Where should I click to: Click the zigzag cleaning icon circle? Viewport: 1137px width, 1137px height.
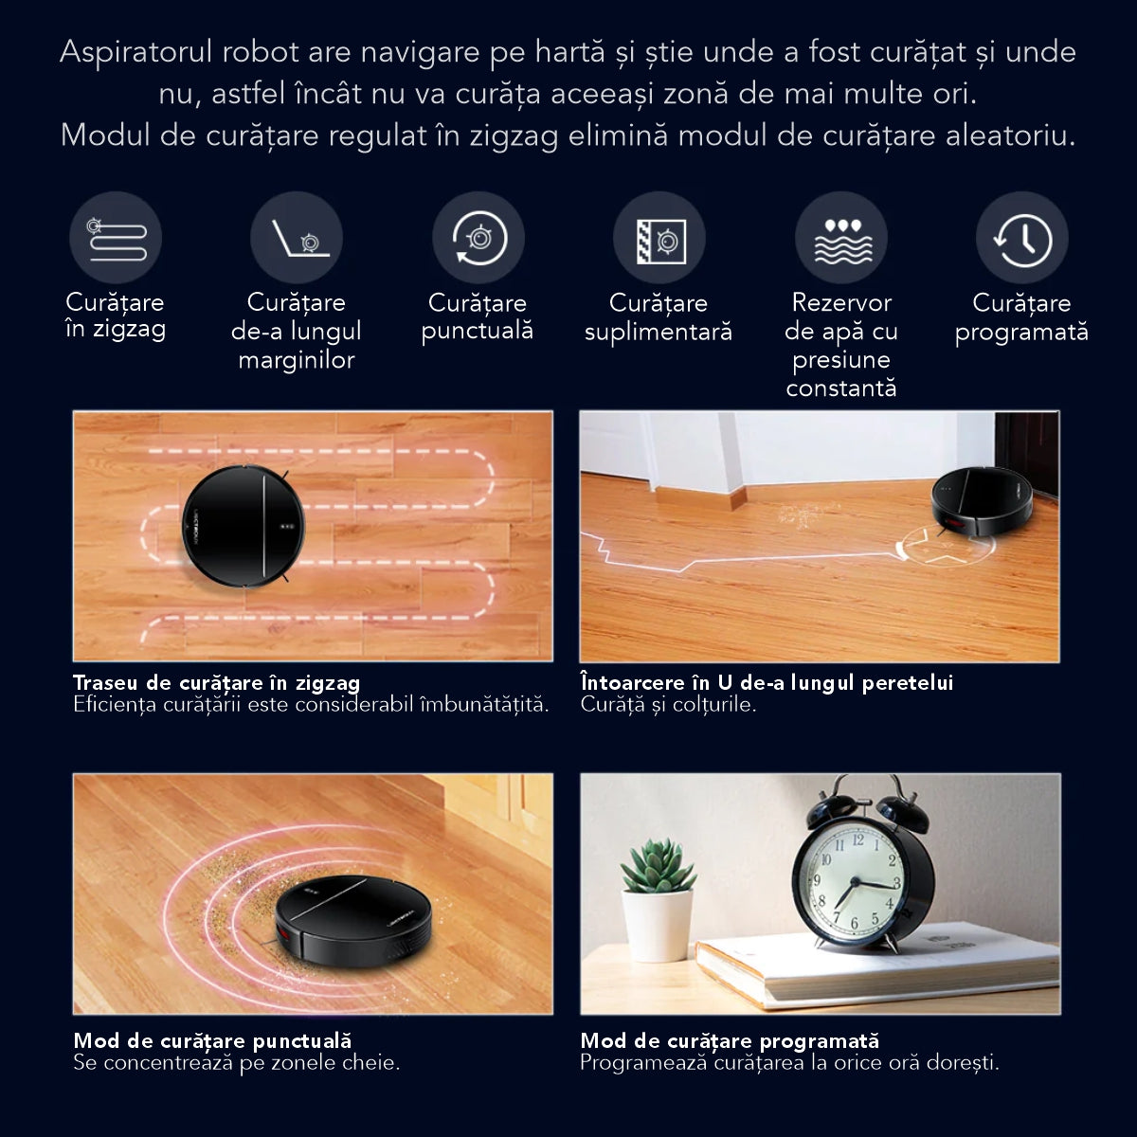tap(116, 238)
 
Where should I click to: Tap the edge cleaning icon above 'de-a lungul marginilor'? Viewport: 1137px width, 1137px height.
tap(297, 238)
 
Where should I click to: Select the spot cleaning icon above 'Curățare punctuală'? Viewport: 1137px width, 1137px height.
tap(478, 238)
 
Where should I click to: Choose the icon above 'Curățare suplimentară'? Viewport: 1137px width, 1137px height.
tap(659, 238)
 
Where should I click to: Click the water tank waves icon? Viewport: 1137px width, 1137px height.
tap(841, 238)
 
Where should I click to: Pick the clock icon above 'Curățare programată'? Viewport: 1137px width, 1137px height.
tap(1022, 238)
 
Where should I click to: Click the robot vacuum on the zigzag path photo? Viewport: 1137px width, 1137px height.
tap(244, 527)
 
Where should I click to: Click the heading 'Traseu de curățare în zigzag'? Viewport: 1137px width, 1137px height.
tap(217, 682)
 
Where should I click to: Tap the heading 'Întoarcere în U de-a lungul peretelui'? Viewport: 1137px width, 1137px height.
tap(767, 682)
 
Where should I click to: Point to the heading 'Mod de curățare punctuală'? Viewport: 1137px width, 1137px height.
tap(212, 1040)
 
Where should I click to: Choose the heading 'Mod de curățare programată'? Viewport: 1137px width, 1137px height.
tap(730, 1040)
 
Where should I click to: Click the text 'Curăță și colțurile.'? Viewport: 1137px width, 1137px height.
tap(668, 705)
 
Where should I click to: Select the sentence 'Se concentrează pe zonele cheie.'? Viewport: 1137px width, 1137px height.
tap(237, 1063)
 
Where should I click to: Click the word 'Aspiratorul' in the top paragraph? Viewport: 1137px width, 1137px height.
tap(135, 52)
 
